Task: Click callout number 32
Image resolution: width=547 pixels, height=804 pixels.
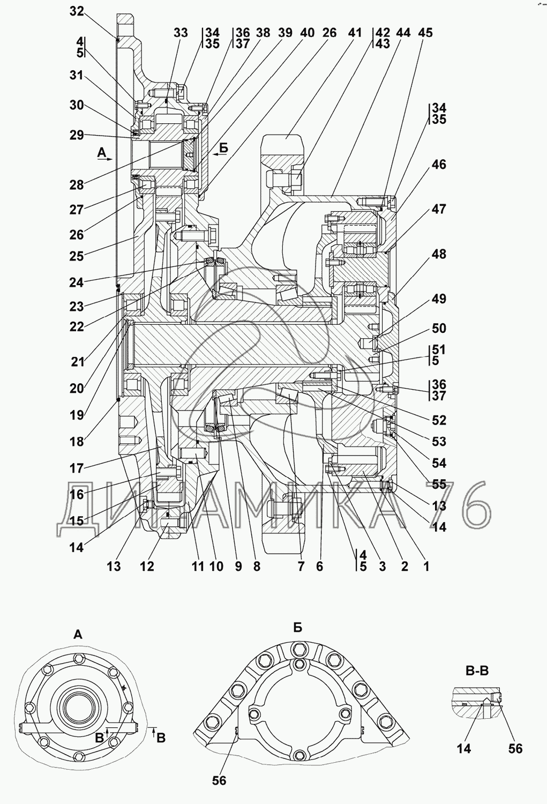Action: (77, 11)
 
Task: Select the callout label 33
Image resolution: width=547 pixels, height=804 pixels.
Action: (181, 33)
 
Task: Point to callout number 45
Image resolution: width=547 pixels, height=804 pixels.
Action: (425, 33)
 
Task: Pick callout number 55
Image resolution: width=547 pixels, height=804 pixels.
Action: (439, 485)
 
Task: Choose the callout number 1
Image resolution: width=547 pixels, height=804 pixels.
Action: (426, 566)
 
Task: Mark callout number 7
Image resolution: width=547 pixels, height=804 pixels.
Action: (301, 566)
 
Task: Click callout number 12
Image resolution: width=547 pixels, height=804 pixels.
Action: (147, 566)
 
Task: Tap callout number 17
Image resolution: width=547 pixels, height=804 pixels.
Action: (77, 468)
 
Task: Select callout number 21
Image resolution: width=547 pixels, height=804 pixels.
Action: (78, 362)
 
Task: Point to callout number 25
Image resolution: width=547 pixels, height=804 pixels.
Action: (77, 256)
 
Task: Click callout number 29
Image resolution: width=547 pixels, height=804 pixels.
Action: (77, 135)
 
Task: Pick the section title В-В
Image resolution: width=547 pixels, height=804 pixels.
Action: (477, 670)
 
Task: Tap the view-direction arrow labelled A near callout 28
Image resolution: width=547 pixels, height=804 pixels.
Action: (104, 159)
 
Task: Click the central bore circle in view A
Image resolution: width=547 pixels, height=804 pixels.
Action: (78, 711)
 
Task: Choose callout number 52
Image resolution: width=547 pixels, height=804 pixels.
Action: (439, 420)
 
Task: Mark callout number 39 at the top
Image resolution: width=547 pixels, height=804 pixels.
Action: (285, 33)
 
